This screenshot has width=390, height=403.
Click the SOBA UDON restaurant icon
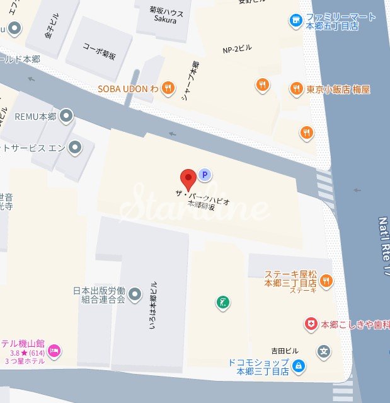[167, 88]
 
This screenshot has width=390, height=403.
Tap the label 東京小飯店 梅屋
[338, 89]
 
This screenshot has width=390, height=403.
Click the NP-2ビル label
[237, 50]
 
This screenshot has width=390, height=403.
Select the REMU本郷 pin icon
[66, 116]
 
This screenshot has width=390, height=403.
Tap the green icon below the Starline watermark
[222, 303]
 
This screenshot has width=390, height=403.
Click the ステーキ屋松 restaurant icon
[326, 281]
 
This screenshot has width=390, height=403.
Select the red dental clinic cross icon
[311, 324]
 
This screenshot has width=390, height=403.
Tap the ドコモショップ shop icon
[299, 365]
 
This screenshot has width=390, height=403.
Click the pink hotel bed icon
[54, 350]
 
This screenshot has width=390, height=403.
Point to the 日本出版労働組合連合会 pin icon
[134, 294]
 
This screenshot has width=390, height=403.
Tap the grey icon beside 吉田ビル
[324, 351]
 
